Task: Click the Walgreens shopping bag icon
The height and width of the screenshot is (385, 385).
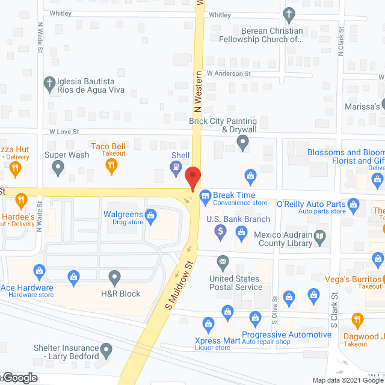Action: coord(151,214)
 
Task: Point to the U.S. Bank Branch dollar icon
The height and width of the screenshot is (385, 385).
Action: coord(221,232)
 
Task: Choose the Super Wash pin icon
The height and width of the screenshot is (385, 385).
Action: coord(58,169)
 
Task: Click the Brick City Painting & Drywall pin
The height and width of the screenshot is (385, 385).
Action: coord(242,143)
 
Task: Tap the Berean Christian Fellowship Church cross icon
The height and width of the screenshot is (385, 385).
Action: coord(289,14)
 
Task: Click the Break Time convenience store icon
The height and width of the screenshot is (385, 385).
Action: coord(205,195)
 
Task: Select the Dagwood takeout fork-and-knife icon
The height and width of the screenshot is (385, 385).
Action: coord(357,319)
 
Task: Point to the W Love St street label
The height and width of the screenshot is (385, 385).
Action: coord(64,131)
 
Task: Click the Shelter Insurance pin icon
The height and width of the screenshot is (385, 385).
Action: coord(106,349)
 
